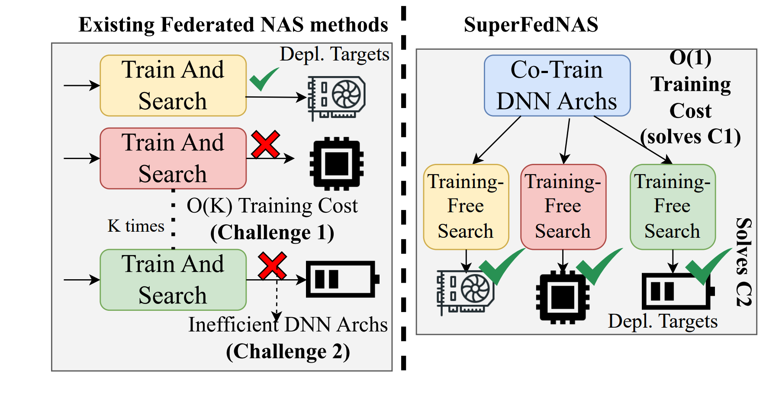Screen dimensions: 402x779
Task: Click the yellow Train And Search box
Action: coord(173,86)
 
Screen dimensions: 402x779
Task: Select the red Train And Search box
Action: coord(173,158)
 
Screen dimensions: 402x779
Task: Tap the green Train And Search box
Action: coord(173,280)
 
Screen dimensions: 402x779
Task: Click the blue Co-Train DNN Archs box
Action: coord(557,86)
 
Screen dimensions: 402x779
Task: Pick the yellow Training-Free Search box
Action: coord(466,207)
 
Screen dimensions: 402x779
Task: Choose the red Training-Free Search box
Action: coord(563,207)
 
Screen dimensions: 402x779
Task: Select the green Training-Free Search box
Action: coord(673,207)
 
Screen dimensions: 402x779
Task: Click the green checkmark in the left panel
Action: coord(263,79)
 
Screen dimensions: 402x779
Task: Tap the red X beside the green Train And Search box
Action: coord(272,266)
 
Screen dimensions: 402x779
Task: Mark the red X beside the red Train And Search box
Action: coord(265,144)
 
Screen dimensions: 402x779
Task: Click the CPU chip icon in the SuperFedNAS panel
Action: coord(563,297)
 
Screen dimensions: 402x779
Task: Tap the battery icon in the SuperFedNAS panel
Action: coord(677,290)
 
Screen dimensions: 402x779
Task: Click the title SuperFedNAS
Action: coord(531,25)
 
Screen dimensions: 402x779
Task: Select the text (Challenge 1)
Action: coord(272,233)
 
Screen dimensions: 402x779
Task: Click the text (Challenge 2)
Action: coord(288,351)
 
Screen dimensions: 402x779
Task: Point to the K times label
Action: coord(136,226)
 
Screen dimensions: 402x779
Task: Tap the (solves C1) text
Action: coord(690,137)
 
